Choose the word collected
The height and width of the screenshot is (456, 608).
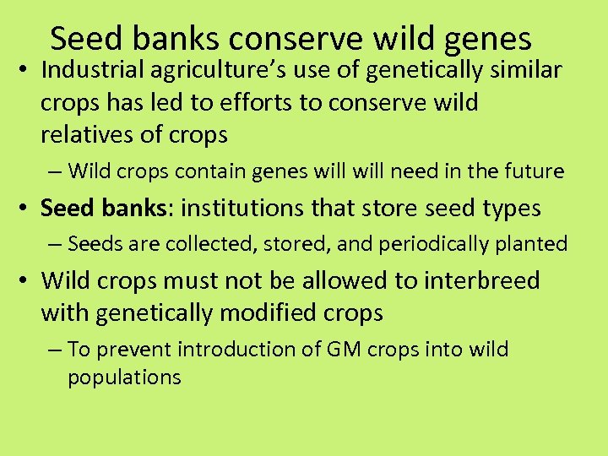point(193,244)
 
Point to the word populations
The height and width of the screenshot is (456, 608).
point(124,377)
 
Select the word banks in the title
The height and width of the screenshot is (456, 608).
point(176,39)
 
